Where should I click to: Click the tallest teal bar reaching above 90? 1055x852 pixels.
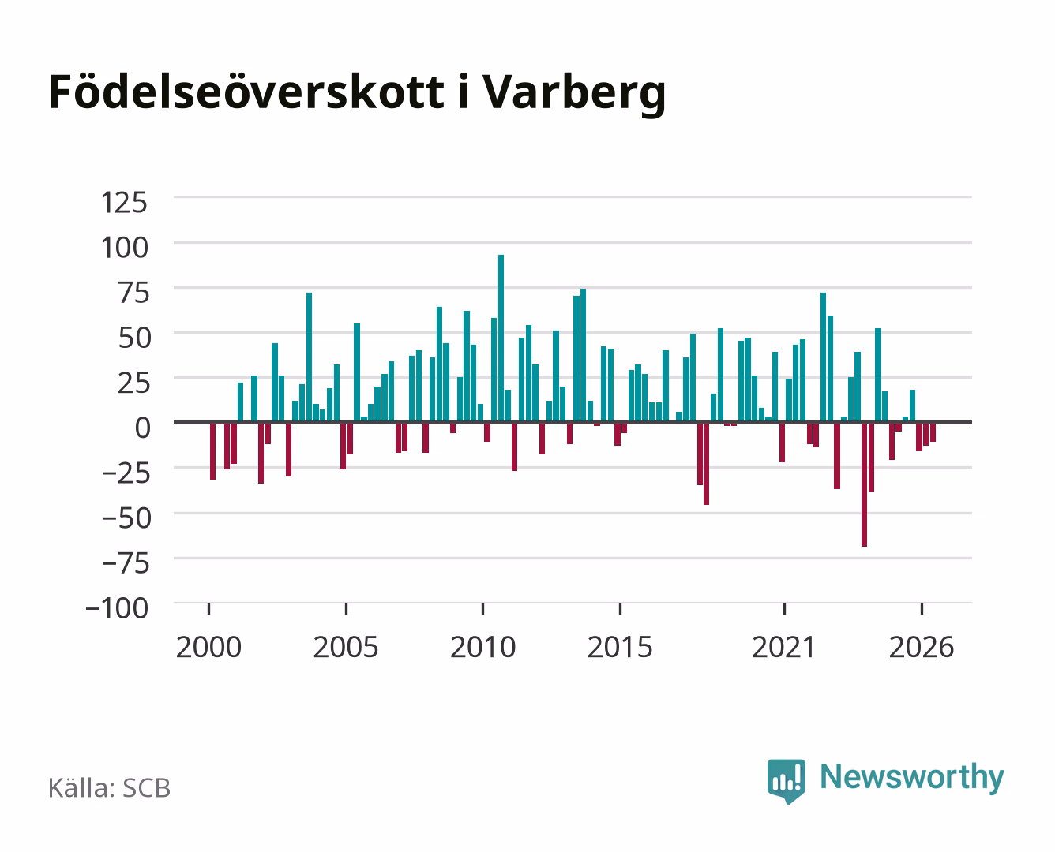pyautogui.click(x=501, y=338)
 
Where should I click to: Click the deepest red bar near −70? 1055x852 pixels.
pyautogui.click(x=865, y=484)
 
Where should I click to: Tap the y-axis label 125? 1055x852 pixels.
pyautogui.click(x=124, y=203)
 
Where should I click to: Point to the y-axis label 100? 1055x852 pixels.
pyautogui.click(x=124, y=248)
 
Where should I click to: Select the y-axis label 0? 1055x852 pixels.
pyautogui.click(x=143, y=428)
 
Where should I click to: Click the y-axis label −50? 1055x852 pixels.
pyautogui.click(x=126, y=518)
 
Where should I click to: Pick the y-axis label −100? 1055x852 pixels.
pyautogui.click(x=117, y=608)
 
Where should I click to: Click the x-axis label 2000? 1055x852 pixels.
pyautogui.click(x=208, y=647)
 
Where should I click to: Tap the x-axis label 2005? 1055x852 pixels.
pyautogui.click(x=346, y=647)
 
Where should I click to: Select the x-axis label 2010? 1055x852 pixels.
pyautogui.click(x=483, y=647)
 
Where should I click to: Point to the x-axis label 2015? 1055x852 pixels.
pyautogui.click(x=620, y=647)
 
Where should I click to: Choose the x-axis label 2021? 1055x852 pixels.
pyautogui.click(x=784, y=647)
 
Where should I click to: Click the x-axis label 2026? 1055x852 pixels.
pyautogui.click(x=922, y=647)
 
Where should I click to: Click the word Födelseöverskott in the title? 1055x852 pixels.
pyautogui.click(x=246, y=92)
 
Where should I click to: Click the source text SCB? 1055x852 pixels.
pyautogui.click(x=147, y=788)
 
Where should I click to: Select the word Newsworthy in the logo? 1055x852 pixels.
pyautogui.click(x=912, y=777)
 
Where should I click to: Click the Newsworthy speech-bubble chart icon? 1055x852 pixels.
pyautogui.click(x=786, y=780)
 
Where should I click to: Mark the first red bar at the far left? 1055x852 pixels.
pyautogui.click(x=213, y=450)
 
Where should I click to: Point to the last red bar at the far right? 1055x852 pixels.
pyautogui.click(x=933, y=432)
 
